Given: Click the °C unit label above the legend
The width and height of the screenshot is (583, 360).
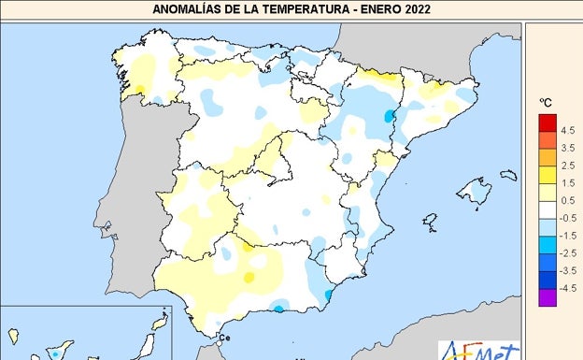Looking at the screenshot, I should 547,102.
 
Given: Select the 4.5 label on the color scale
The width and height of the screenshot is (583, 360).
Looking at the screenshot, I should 567,131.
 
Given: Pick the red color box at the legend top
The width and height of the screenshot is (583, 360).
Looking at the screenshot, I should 547,122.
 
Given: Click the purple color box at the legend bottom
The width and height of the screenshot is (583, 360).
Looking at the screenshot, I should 547,296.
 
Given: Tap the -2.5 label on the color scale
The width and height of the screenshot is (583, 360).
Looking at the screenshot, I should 567,252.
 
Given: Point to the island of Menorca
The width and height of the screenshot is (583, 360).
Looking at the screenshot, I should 508,175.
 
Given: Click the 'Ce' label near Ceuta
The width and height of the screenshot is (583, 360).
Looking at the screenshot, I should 223,338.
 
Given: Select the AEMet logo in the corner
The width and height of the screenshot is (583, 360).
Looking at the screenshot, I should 479,350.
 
